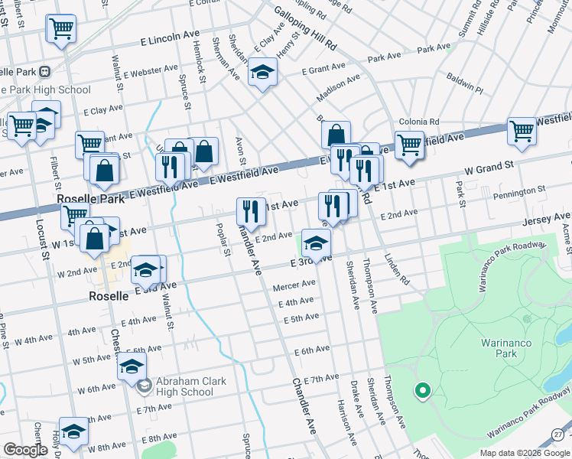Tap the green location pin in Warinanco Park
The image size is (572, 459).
pos(421,392)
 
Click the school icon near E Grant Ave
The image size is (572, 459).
pos(262,73)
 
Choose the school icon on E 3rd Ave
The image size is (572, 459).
pos(315,244)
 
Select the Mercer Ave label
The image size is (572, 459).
pos(294,286)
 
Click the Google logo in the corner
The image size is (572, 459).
pos(24,450)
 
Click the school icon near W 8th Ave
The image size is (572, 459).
pos(74,431)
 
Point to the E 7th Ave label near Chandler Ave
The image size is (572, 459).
pos(321,379)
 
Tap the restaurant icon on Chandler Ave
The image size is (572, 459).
pos(251,210)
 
